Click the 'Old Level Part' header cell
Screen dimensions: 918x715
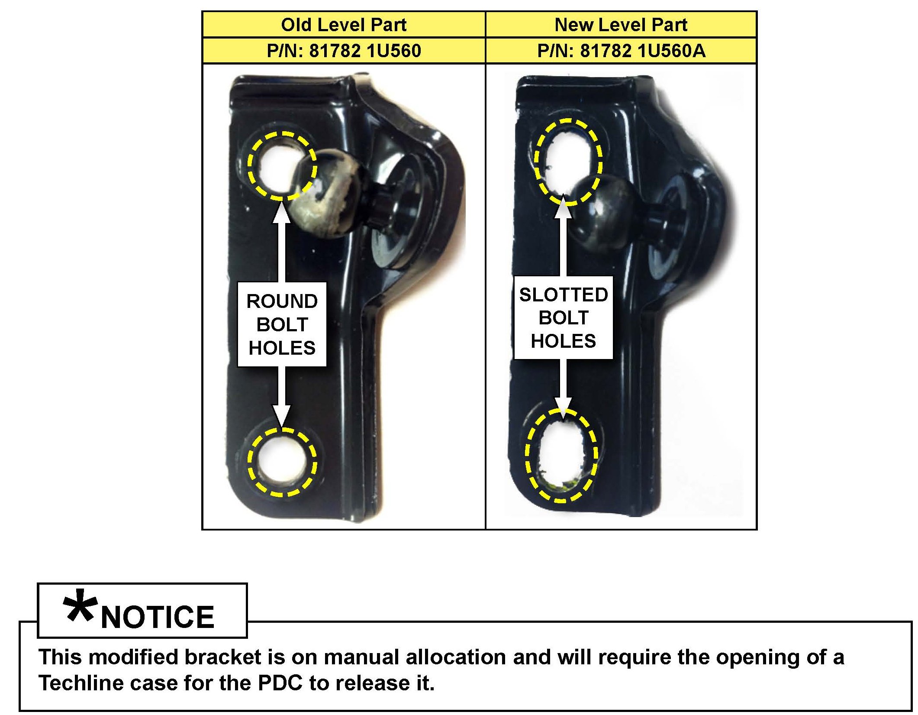tap(344, 25)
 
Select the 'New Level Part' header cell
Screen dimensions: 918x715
tap(621, 25)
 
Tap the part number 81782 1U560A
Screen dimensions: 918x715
tap(621, 51)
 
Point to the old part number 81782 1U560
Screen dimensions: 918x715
tap(344, 51)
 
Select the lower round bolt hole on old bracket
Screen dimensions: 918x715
tap(282, 462)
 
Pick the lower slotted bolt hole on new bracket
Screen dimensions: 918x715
tap(561, 455)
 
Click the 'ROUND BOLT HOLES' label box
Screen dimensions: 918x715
tap(282, 324)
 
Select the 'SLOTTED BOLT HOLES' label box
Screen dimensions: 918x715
tap(563, 317)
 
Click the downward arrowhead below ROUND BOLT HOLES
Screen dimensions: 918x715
tap(281, 416)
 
